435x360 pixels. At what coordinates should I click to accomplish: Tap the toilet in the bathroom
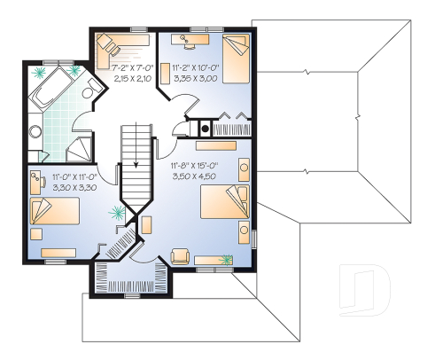[x=90, y=95]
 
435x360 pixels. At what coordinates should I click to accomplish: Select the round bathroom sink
[x=35, y=133]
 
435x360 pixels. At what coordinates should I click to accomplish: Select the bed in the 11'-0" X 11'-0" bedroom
[x=52, y=212]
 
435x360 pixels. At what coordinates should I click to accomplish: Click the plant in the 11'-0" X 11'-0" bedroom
[x=115, y=212]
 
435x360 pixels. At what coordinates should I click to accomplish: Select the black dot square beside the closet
[x=206, y=127]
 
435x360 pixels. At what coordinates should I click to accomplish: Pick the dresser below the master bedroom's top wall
[x=221, y=144]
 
